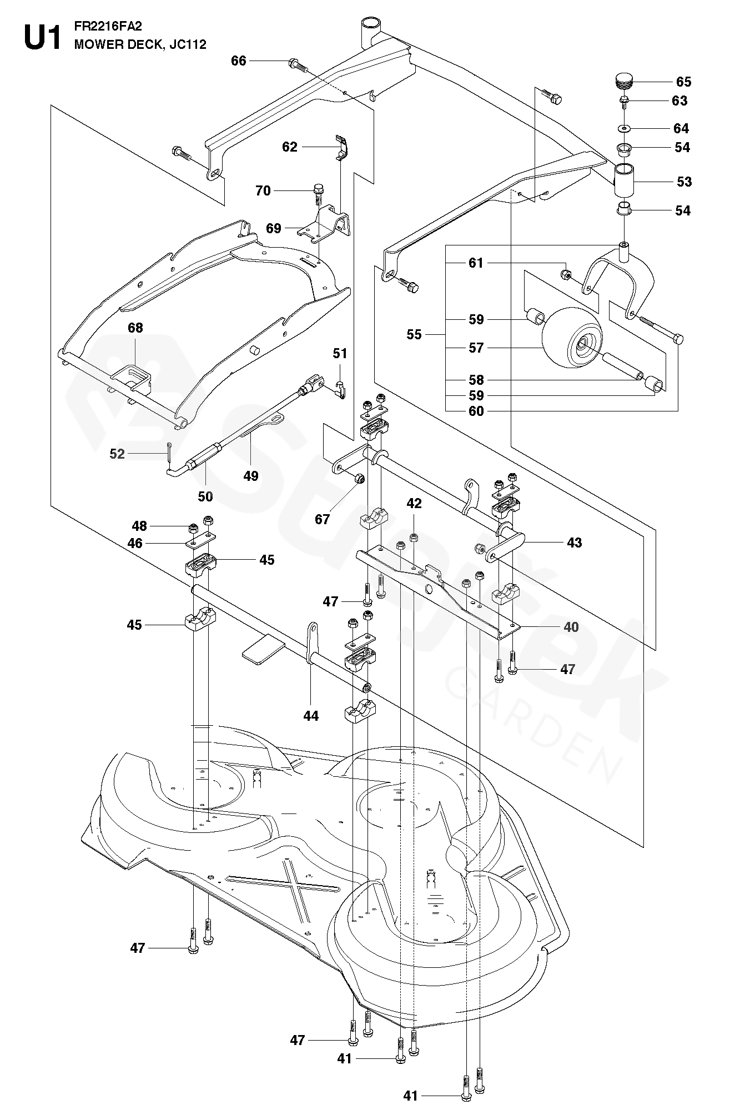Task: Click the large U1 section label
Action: point(42,37)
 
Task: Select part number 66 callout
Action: point(239,61)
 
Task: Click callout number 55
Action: point(414,334)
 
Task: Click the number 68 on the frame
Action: point(135,328)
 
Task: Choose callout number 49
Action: point(251,476)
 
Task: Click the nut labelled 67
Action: point(359,478)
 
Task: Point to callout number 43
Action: point(574,543)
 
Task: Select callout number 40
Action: point(571,627)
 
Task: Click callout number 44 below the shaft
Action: point(311,716)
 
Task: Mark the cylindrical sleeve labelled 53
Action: point(625,181)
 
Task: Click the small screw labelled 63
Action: point(625,101)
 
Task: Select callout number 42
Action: point(414,504)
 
